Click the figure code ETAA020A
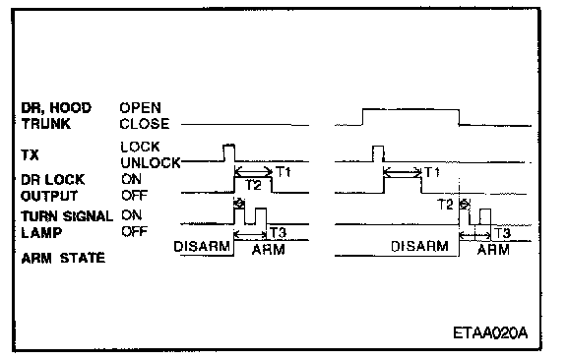point(490,332)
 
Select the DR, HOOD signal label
point(56,108)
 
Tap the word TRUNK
point(46,124)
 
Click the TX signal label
point(30,155)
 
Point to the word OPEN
point(141,108)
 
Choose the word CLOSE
point(145,124)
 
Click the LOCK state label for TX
point(141,147)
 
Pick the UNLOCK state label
point(151,163)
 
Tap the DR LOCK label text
point(53,180)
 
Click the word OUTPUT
point(49,196)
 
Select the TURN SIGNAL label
point(67,216)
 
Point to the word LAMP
point(41,232)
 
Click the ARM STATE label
point(63,258)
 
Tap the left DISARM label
point(202,247)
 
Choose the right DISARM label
point(419,247)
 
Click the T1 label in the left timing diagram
point(283,172)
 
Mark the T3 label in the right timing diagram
point(502,233)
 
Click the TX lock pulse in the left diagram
point(229,152)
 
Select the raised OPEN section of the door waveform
point(410,109)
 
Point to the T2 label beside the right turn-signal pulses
point(445,205)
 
